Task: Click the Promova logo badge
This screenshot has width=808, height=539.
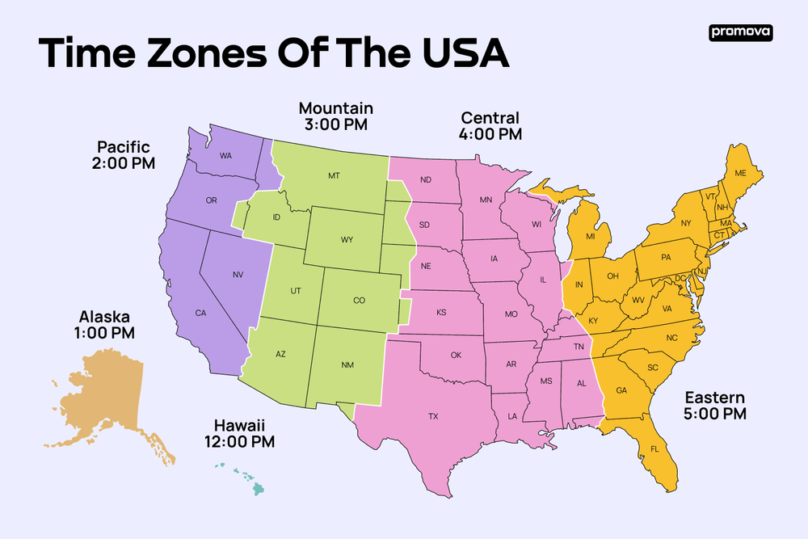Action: pos(741,32)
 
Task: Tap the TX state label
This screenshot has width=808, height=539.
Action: pos(433,417)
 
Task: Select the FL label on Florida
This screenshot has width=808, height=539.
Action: pos(654,448)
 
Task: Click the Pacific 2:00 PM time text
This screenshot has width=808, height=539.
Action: pos(124,162)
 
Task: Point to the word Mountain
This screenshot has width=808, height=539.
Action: pos(336,107)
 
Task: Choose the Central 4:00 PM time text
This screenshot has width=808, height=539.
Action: pos(490,133)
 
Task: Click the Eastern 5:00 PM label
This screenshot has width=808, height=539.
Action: pos(715,414)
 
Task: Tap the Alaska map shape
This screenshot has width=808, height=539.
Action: pos(105,396)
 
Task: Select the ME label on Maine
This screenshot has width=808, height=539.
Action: pos(740,173)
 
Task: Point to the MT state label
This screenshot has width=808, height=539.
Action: pos(334,175)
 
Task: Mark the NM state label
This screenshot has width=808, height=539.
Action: pos(347,365)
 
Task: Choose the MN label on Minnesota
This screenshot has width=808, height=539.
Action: pos(486,199)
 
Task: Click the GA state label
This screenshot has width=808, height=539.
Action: pos(621,390)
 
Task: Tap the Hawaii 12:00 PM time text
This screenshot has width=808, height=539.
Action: pos(240,441)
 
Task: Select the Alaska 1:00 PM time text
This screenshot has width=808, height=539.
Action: pos(104,332)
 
